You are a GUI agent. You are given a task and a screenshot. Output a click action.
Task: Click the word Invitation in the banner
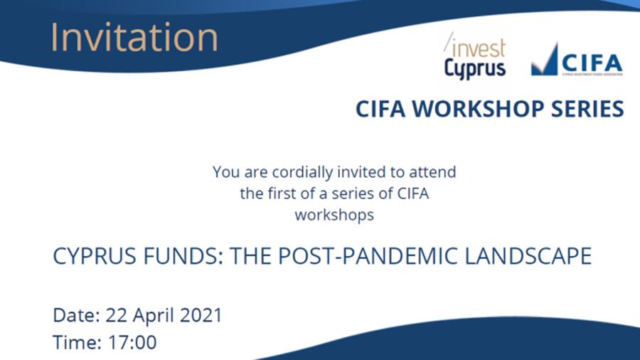(x=134, y=38)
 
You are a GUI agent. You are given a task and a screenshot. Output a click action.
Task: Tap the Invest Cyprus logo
(x=475, y=56)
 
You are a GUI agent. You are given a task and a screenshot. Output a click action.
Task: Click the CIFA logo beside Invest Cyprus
(x=577, y=60)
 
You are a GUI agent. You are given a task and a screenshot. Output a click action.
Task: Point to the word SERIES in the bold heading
(x=587, y=109)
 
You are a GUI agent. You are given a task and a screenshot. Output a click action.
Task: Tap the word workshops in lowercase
(x=334, y=215)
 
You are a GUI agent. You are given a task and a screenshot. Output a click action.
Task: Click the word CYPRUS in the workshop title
(x=95, y=256)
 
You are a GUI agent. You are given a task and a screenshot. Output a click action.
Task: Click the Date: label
(x=76, y=315)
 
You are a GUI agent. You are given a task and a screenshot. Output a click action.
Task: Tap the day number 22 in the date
(x=117, y=315)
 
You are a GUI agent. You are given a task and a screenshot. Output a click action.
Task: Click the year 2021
(x=201, y=315)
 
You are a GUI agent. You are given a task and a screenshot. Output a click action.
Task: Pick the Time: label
(x=77, y=342)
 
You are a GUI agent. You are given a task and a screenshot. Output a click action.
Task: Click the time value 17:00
(x=132, y=342)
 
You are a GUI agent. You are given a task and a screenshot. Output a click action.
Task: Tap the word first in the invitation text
(x=282, y=194)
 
